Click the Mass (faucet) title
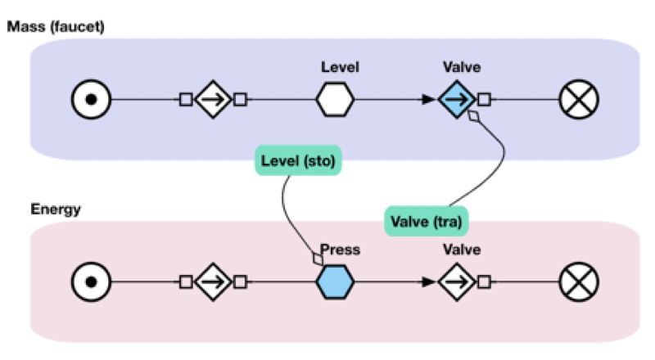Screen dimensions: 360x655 tap(56, 27)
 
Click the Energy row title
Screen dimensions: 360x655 tap(56, 209)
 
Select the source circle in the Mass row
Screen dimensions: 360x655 tap(91, 100)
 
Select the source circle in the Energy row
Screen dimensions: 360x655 tap(91, 283)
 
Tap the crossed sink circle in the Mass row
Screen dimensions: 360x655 tap(579, 100)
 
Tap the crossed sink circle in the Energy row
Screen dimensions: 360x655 tap(579, 283)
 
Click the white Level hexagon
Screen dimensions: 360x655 tap(335, 100)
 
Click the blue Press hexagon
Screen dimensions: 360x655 tap(335, 283)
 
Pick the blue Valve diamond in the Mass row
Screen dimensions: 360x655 tap(456, 100)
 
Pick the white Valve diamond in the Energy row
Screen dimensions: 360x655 tap(456, 283)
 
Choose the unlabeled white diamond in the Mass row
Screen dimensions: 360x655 tap(213, 100)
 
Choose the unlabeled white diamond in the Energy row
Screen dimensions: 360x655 tap(213, 283)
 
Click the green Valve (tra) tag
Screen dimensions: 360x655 tap(427, 219)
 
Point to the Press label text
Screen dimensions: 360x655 tap(340, 250)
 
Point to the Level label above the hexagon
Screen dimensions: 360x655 tap(340, 67)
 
